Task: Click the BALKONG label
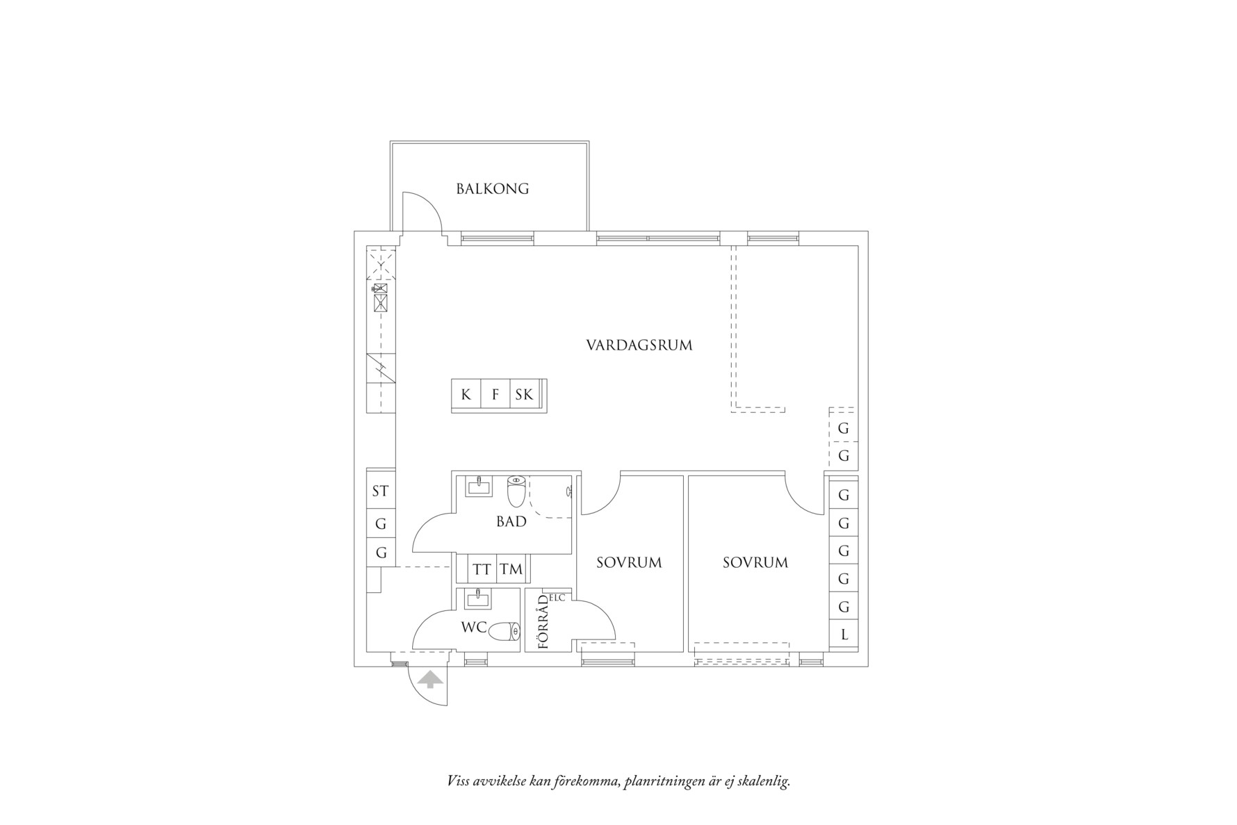[x=492, y=188]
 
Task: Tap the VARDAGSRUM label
[x=639, y=345]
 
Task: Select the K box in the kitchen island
[x=466, y=395]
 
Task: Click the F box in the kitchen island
[x=495, y=395]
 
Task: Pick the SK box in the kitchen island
[x=525, y=395]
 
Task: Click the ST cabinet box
[x=380, y=491]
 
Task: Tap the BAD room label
[x=511, y=521]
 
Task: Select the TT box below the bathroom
[x=482, y=570]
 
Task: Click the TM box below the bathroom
[x=511, y=570]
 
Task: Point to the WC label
[x=474, y=627]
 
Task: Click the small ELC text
[x=557, y=597]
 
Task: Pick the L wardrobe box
[x=844, y=635]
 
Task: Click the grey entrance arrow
[x=431, y=679]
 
